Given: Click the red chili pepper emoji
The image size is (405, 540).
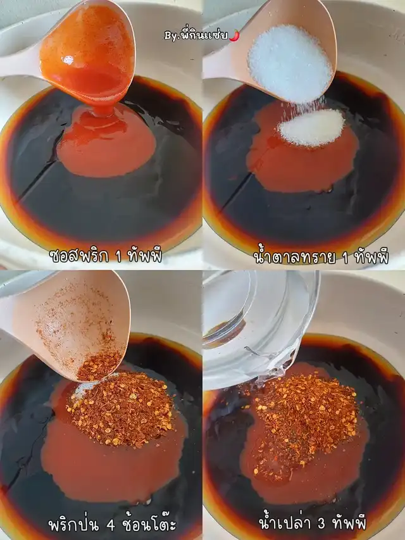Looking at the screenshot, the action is click(234, 35).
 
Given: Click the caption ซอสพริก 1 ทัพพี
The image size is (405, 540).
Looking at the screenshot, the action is click(106, 256).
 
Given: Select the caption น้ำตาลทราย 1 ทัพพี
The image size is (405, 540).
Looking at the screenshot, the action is click(321, 257).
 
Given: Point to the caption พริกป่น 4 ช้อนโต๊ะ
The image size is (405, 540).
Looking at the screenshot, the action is click(112, 525).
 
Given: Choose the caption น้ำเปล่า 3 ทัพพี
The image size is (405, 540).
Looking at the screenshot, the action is click(313, 522).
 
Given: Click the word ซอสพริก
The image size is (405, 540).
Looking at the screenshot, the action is click(79, 256).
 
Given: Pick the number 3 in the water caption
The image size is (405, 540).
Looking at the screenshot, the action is click(321, 524).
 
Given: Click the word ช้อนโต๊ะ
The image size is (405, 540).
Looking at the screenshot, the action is click(149, 525).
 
